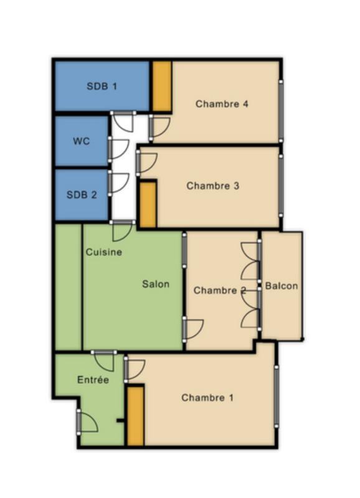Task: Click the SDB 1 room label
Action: click(102, 86)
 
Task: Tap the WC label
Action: click(82, 141)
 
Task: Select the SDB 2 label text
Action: click(82, 194)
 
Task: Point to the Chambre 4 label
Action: click(222, 104)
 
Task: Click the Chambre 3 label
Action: click(213, 186)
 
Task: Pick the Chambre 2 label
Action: click(219, 291)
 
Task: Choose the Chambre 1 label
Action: click(207, 397)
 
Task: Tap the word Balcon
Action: click(282, 286)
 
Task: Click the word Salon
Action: click(156, 284)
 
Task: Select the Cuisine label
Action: click(103, 252)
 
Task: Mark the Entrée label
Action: click(93, 379)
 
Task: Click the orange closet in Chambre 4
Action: click(162, 86)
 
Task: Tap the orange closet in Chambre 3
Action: click(148, 204)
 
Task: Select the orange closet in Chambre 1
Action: click(135, 415)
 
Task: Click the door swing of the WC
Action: click(118, 148)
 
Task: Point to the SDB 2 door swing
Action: click(118, 181)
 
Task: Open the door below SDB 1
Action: click(123, 122)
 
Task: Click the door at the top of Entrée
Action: click(104, 361)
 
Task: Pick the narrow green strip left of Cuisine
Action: click(68, 287)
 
